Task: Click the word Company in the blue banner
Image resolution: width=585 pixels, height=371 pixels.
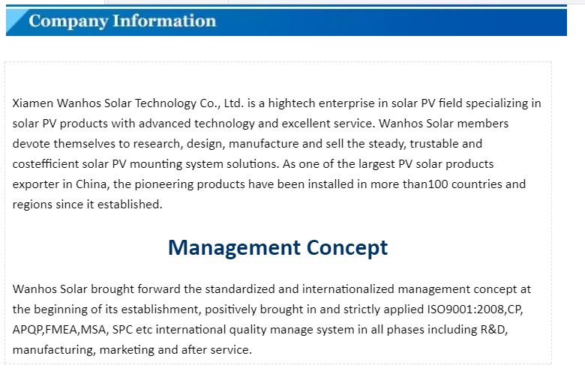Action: pyautogui.click(x=68, y=21)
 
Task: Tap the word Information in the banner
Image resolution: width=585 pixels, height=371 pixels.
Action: pyautogui.click(x=164, y=20)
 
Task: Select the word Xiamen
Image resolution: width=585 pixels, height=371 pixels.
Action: pyautogui.click(x=33, y=103)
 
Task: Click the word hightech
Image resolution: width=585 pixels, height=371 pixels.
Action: pyautogui.click(x=292, y=103)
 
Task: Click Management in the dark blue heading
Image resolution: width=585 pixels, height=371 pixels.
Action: pyautogui.click(x=234, y=248)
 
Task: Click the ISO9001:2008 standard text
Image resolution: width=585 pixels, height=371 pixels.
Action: pyautogui.click(x=465, y=309)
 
